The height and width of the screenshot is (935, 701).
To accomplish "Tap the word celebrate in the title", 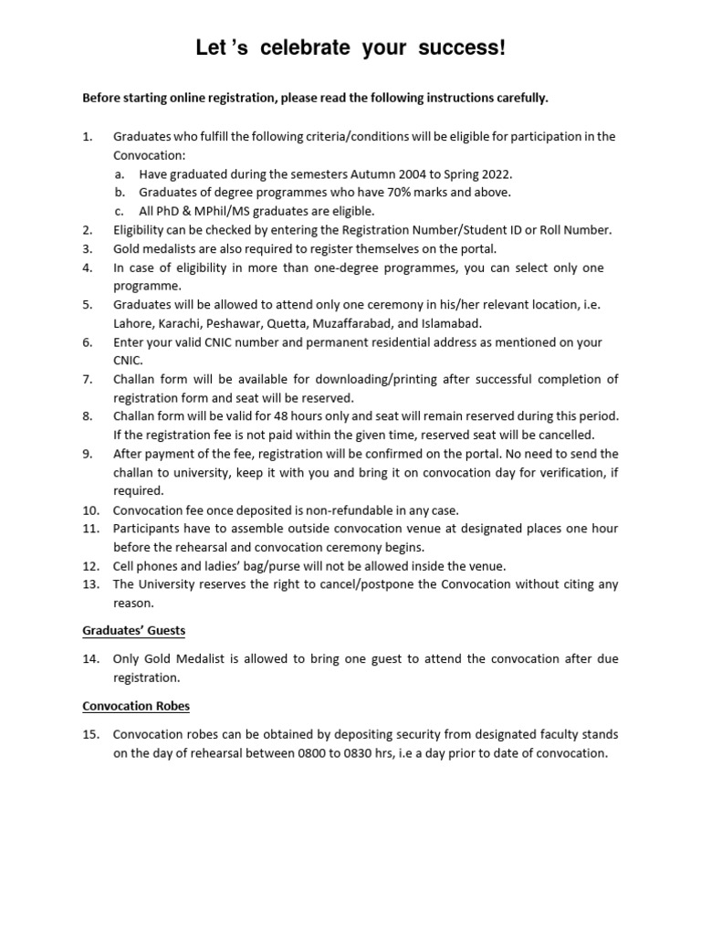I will pyautogui.click(x=305, y=48).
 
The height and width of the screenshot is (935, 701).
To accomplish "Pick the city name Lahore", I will pyautogui.click(x=133, y=323).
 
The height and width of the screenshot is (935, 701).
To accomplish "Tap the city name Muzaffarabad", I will pyautogui.click(x=355, y=323).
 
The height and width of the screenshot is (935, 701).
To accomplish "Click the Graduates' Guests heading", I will pyautogui.click(x=134, y=631).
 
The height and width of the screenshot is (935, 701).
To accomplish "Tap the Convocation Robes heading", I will pyautogui.click(x=136, y=706).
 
